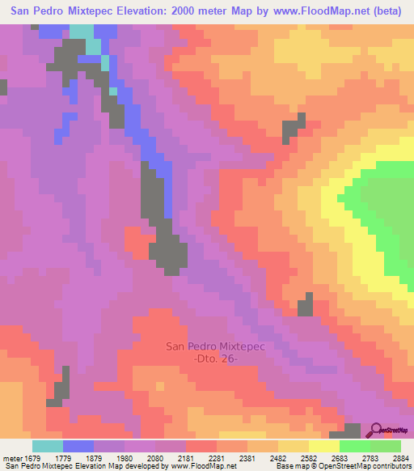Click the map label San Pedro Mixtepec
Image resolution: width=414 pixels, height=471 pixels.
pyautogui.click(x=216, y=346)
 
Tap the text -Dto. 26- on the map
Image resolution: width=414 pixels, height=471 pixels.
pyautogui.click(x=216, y=359)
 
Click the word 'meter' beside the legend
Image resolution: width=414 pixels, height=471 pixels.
pyautogui.click(x=12, y=457)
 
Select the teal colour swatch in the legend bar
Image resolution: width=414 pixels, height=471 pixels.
pyautogui.click(x=48, y=446)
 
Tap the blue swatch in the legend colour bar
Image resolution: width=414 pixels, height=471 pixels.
pyautogui.click(x=78, y=446)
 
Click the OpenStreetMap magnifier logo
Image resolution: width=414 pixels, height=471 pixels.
pyautogui.click(x=376, y=431)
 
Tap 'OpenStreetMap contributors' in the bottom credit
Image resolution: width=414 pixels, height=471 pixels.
pyautogui.click(x=367, y=467)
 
